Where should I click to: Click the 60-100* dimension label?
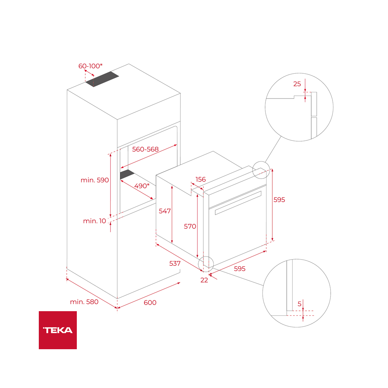[x=90, y=66]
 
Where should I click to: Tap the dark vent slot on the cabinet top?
[x=102, y=80]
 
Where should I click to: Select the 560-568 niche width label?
[x=145, y=149]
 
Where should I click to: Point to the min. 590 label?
[x=95, y=180]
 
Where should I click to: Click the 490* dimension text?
[x=142, y=186]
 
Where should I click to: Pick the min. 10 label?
[x=94, y=221]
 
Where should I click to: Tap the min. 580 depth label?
[x=84, y=302]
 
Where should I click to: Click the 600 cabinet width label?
[x=150, y=302]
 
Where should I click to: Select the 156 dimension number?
[x=201, y=179]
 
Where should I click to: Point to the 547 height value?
[x=165, y=211]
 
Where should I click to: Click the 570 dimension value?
[x=190, y=226]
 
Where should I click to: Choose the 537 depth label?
[x=175, y=263]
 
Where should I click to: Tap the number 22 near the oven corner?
[x=204, y=280]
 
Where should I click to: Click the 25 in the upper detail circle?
[x=297, y=84]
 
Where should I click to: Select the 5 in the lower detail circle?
[x=299, y=304]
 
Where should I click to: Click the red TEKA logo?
[x=58, y=330]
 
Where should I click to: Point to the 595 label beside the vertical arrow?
[x=279, y=200]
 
